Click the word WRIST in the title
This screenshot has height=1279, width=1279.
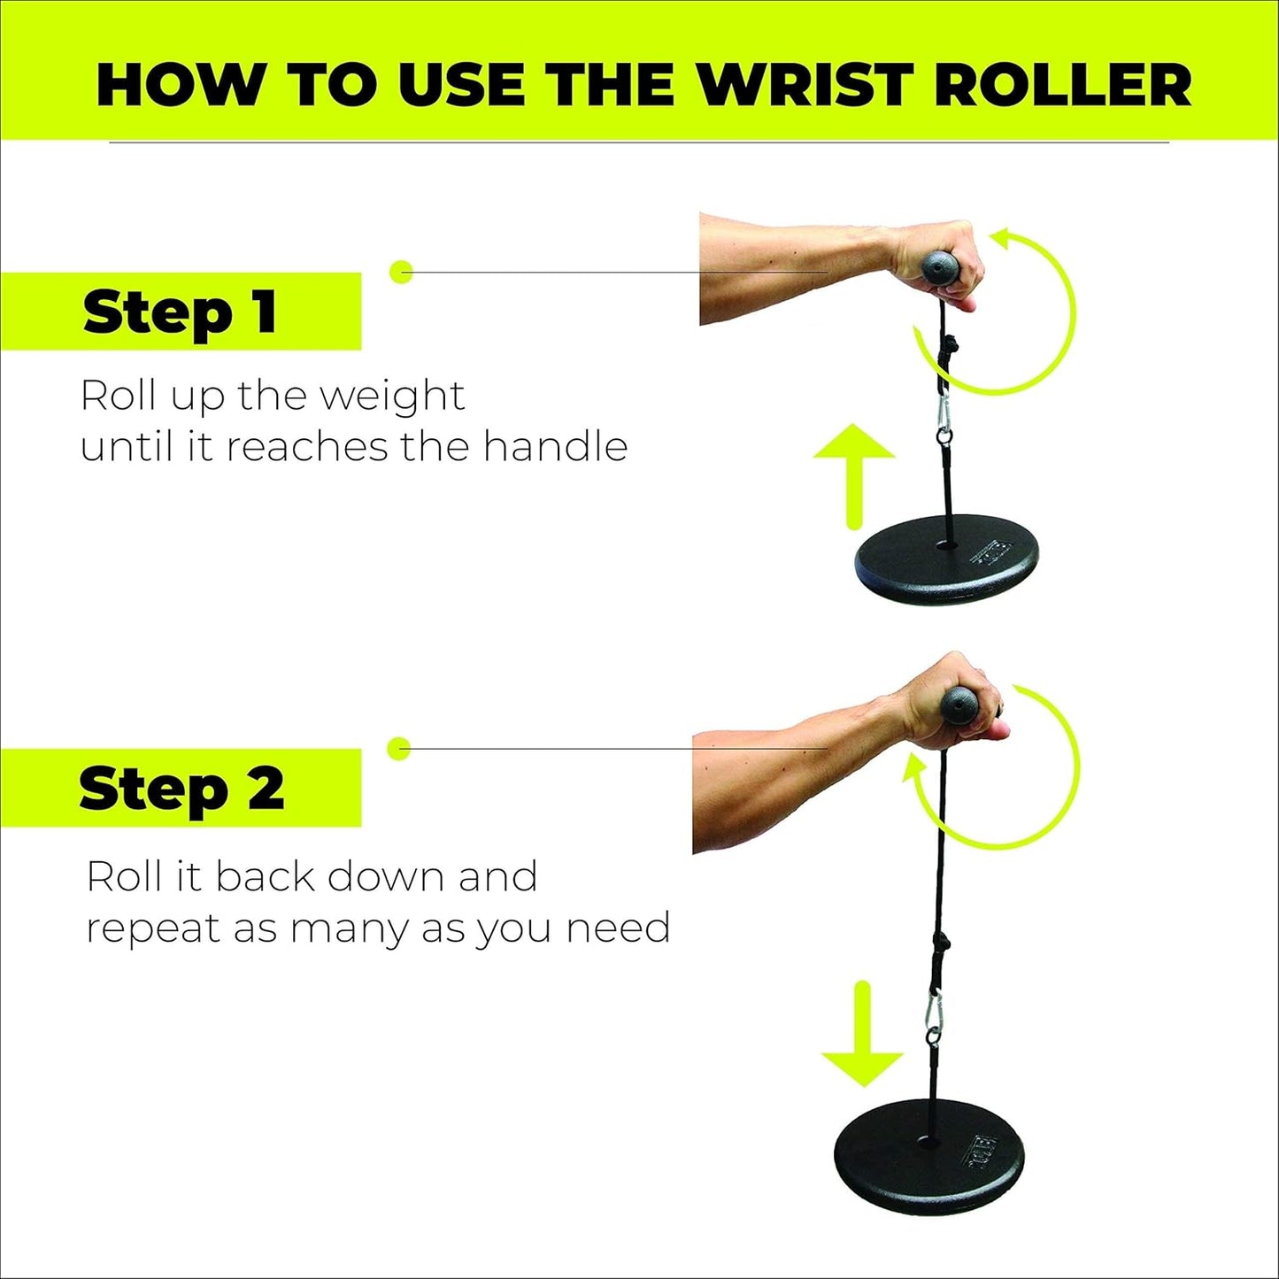805,86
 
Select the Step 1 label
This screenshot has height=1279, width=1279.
181,312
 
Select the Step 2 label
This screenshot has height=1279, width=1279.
181,788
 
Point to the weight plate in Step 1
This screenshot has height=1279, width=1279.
946,560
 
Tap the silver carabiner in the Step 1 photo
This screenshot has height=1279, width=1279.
944,415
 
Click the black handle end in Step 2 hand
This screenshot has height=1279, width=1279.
961,705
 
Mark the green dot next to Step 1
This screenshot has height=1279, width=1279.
401,271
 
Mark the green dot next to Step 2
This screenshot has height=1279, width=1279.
399,748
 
